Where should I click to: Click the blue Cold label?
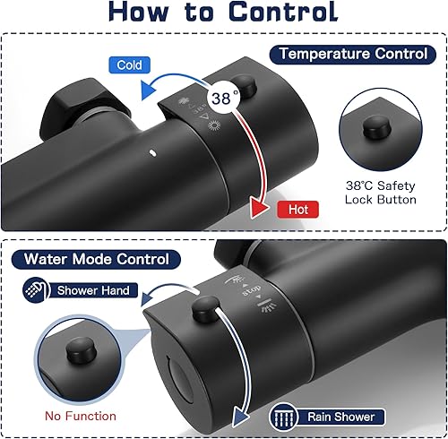(129, 65)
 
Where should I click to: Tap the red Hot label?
(297, 210)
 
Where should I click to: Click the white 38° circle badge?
(225, 98)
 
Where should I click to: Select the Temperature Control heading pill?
(353, 55)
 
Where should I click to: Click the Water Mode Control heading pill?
(96, 259)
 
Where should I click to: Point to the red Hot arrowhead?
(259, 207)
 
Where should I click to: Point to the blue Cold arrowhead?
(149, 90)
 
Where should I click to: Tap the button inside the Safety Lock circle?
(377, 127)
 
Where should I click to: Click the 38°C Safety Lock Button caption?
(381, 193)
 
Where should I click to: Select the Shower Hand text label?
(93, 290)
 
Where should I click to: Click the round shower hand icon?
(36, 290)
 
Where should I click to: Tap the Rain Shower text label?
(340, 417)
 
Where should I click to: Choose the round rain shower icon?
(283, 416)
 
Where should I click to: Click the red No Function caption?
(81, 416)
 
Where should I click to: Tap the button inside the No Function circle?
(81, 350)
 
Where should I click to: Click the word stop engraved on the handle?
(252, 290)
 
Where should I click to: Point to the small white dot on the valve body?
(152, 153)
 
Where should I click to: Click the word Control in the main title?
(283, 12)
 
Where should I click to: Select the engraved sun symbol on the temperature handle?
(214, 125)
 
